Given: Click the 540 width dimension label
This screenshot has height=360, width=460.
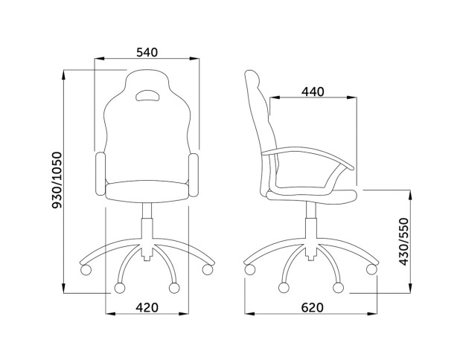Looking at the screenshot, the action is coord(147,52).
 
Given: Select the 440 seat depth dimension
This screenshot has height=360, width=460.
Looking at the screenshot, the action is coord(313,91).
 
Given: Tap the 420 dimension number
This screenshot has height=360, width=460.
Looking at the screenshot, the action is coord(147,307).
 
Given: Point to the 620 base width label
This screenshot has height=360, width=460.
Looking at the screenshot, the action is coord(312,307).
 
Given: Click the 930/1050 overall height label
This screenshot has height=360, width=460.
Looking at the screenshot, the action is coord(57,180).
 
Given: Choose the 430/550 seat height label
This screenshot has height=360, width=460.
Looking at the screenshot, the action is coord(404,242).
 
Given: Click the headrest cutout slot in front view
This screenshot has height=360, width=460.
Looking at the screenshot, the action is coord(147,95).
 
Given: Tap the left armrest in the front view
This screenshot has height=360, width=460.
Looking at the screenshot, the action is coord(100,174).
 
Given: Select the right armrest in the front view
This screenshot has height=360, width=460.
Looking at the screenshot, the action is coord(194,175).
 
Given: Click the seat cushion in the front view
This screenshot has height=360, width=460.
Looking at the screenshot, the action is coord(147,191).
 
